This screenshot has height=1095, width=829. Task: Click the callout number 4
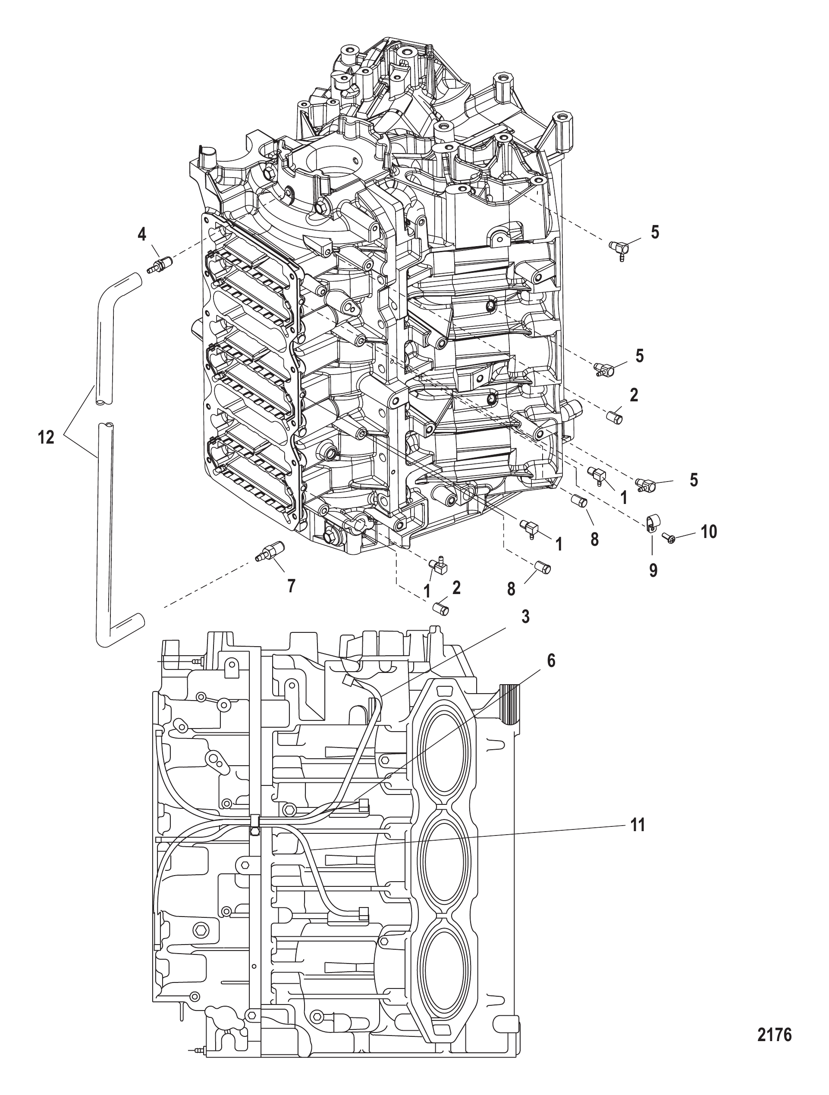point(142,234)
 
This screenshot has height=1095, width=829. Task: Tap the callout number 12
point(47,437)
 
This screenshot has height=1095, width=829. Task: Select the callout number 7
point(291,586)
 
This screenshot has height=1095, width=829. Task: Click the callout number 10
point(709,532)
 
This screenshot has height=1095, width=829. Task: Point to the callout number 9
point(653,570)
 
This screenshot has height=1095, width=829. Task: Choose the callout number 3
point(525,616)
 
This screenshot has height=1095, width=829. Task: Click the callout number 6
point(551,660)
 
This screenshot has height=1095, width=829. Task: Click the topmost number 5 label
point(655,232)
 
